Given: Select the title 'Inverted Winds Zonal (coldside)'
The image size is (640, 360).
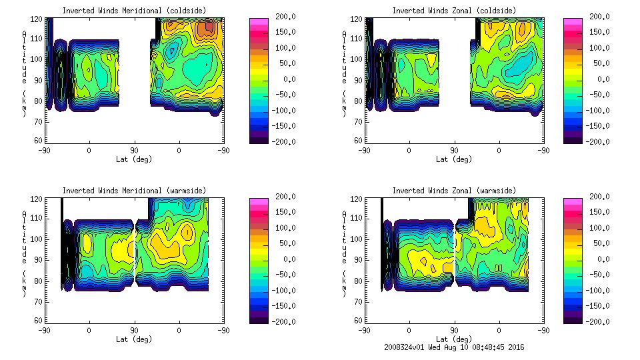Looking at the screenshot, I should (453, 11).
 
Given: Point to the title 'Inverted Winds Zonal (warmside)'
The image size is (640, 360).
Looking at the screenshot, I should (453, 191).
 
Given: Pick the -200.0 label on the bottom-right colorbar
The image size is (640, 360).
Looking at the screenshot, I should (601, 322).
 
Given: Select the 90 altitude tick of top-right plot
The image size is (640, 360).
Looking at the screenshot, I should (359, 79).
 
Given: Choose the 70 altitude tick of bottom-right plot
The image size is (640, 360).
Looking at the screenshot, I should (359, 301).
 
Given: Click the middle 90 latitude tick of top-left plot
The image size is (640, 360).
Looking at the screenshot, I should (134, 150).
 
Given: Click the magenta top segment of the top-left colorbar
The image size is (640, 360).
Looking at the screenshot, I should (259, 21).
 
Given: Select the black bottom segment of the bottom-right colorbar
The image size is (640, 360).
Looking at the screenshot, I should (572, 318).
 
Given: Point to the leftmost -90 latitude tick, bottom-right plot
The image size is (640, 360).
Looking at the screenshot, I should (365, 330).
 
